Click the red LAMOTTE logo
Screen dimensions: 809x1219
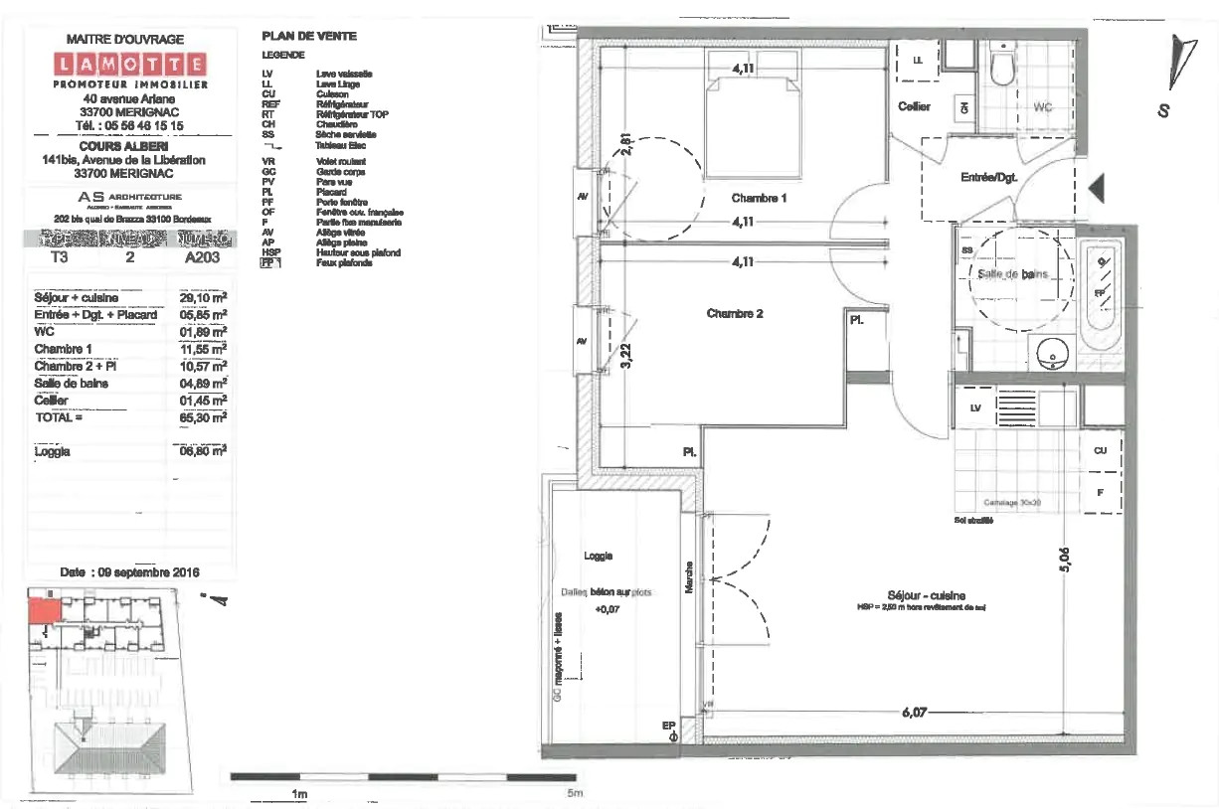click(131, 66)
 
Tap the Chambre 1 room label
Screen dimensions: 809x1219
click(759, 198)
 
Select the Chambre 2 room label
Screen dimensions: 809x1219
click(735, 314)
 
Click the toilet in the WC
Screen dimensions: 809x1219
click(1001, 66)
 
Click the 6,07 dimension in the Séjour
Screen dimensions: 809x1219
click(921, 713)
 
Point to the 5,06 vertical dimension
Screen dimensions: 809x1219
click(1064, 562)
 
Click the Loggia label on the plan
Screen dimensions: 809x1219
click(599, 557)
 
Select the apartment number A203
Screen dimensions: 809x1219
click(204, 255)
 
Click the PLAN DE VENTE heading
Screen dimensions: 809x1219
click(308, 36)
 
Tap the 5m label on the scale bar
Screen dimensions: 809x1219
click(574, 793)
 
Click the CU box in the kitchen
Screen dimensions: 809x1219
click(1100, 450)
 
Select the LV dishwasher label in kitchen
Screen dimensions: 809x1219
click(974, 407)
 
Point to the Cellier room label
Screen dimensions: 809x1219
click(914, 106)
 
